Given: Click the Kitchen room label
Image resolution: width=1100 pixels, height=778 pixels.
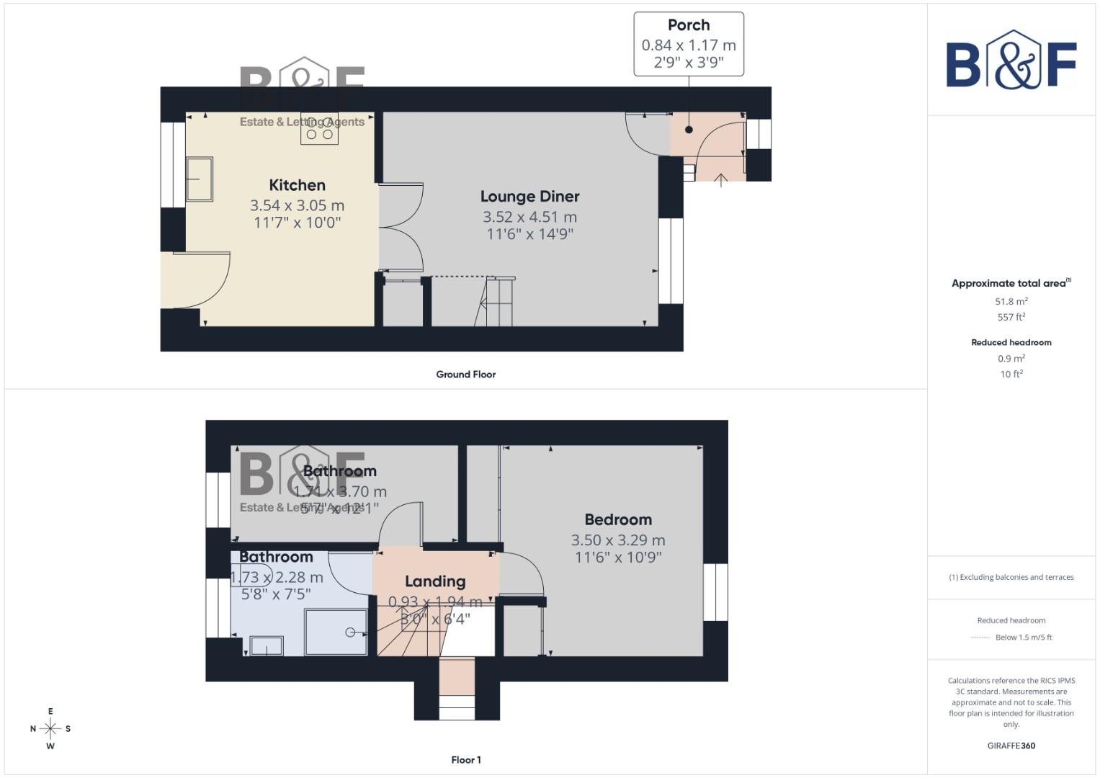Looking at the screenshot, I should pos(297,185).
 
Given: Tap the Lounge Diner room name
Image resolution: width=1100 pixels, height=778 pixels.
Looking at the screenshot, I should pos(529,197).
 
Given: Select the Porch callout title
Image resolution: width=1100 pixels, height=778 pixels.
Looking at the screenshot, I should pos(689,25).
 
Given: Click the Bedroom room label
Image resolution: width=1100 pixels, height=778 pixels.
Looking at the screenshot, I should pos(618,519).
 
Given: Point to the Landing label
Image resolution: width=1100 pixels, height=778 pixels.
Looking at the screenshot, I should pos(435,581).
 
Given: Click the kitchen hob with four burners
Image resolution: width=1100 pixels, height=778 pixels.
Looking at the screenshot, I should pos(319,128).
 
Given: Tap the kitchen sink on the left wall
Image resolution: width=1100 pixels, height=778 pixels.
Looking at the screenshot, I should pos(199,179).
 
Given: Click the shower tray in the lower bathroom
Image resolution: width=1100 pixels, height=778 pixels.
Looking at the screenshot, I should pos(336,632).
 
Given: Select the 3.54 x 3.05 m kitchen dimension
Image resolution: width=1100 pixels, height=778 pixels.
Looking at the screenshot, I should pos(297,205).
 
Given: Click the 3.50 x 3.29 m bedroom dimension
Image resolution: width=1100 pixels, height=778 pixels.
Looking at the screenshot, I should pos(618,540).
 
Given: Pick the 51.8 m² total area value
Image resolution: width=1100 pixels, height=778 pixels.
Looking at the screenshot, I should pos(1011,302).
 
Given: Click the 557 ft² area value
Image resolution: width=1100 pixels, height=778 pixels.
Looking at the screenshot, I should pos(1011,317).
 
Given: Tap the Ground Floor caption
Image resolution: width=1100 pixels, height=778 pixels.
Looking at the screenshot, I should pos(465,375).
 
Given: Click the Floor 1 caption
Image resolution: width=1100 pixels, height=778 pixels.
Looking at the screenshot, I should pos(465,760).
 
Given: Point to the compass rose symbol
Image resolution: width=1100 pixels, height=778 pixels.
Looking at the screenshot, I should pos(50,729).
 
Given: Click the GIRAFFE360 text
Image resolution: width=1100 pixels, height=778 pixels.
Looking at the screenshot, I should pos(1011,746).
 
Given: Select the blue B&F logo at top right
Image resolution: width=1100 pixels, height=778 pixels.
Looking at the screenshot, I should pos(1011,61).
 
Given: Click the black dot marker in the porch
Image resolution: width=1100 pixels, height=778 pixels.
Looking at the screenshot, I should pos(689,130).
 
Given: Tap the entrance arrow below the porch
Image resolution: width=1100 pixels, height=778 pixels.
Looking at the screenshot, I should pos(720,179).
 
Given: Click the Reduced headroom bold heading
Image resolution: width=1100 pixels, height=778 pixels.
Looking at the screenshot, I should pos(1011,343).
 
